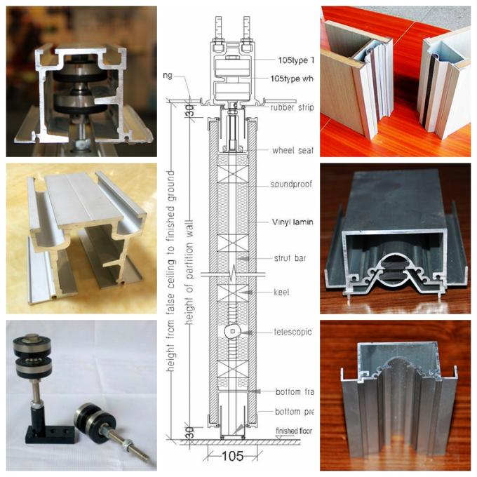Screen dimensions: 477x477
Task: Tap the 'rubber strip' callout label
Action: click(290, 108)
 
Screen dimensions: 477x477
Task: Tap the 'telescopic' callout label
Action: click(290, 330)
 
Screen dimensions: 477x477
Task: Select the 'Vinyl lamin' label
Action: click(291, 222)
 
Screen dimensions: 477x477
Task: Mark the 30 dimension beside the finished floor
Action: click(188, 433)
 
